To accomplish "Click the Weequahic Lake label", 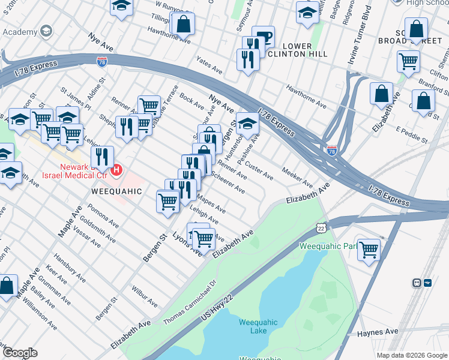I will click(x=258, y=326).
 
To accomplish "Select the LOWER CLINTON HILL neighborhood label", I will click(x=289, y=50).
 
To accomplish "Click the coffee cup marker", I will click(x=263, y=37).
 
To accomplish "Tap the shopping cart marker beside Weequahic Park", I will click(x=369, y=249).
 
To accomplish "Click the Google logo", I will click(x=20, y=352).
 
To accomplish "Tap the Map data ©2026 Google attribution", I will click(x=411, y=355).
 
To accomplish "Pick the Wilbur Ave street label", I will click(x=145, y=296).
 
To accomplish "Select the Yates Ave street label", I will click(x=210, y=62).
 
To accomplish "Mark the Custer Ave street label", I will click(x=260, y=171).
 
